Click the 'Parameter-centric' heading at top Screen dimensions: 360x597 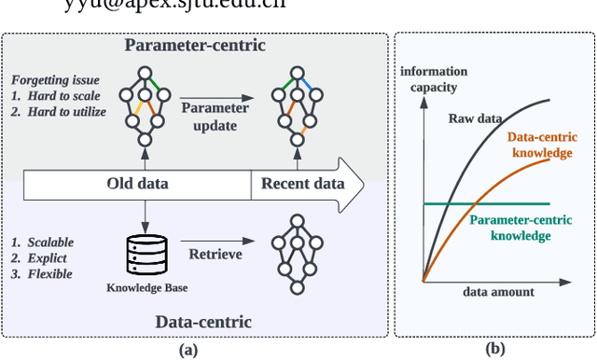click(x=194, y=45)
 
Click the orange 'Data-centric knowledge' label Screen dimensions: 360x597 click(x=541, y=145)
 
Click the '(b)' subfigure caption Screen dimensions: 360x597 click(x=493, y=350)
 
